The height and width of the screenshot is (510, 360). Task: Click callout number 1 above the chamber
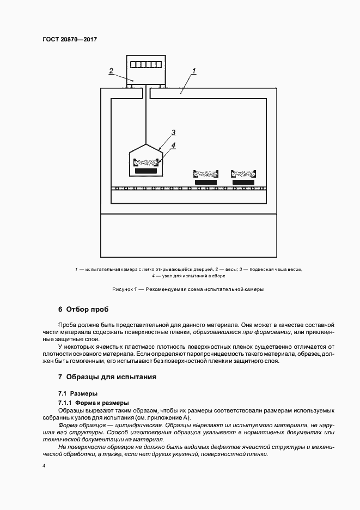[194, 71]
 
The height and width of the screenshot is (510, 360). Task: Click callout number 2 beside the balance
[111, 71]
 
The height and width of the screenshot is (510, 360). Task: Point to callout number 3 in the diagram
[173, 132]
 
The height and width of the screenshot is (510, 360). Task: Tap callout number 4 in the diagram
[173, 145]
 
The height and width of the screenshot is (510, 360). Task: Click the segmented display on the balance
[145, 64]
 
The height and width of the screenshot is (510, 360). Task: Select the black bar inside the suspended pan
[145, 171]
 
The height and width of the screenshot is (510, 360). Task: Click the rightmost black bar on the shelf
[243, 181]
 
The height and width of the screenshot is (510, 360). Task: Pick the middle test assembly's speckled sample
[206, 174]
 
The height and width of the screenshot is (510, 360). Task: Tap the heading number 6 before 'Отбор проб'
[60, 310]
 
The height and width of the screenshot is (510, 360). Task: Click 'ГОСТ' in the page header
[51, 39]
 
